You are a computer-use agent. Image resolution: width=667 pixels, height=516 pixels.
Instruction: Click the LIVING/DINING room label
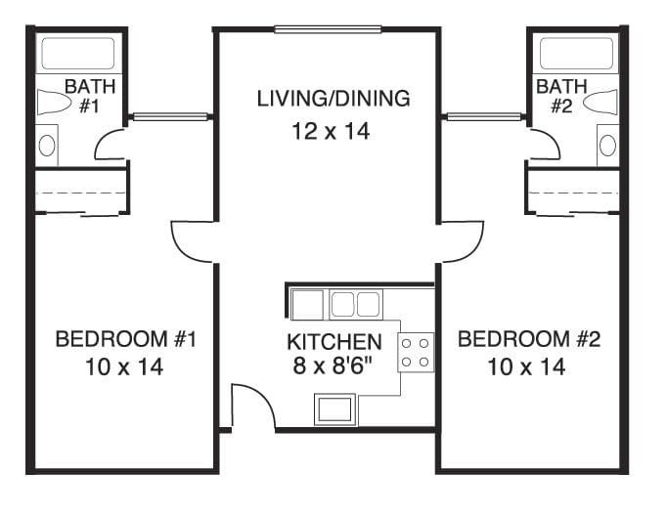[333, 99]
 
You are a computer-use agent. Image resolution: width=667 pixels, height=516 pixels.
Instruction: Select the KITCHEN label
[333, 342]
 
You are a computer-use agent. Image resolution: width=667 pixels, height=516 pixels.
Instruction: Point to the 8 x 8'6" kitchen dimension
[333, 367]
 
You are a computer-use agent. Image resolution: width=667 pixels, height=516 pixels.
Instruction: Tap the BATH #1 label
[90, 96]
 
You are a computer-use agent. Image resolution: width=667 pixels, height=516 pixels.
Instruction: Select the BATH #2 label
[561, 96]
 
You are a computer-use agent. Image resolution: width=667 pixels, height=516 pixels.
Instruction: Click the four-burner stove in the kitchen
[416, 352]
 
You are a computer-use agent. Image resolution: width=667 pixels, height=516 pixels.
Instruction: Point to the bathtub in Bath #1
[78, 54]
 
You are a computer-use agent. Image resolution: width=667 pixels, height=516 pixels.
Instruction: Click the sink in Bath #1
[48, 147]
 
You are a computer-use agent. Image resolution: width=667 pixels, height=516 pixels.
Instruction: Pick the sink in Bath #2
[607, 147]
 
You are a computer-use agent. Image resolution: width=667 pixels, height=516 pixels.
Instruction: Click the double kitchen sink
[354, 304]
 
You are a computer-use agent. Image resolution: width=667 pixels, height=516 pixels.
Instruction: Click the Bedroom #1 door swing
[192, 240]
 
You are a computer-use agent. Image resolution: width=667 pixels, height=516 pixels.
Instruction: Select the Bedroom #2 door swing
[462, 240]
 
